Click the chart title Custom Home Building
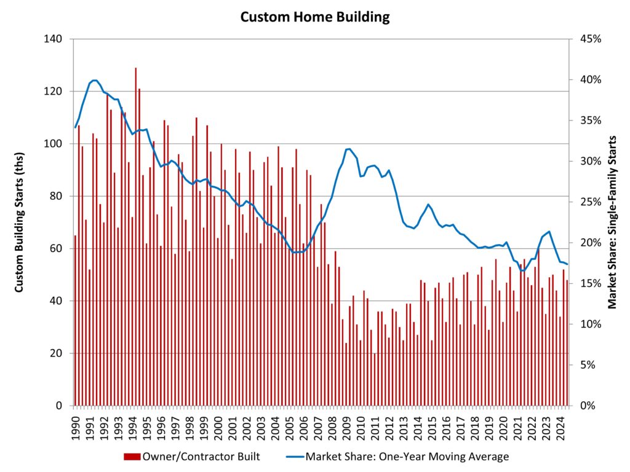314,17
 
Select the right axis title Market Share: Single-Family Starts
612,222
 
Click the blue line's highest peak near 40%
94,80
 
